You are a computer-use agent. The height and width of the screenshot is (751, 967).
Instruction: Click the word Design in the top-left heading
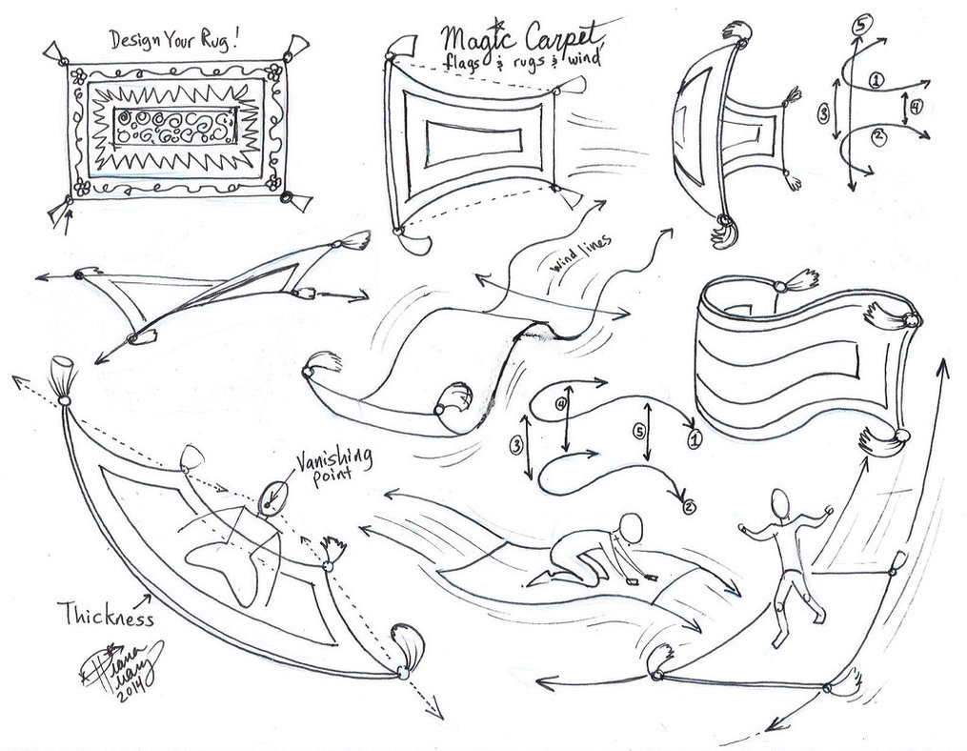tap(134, 41)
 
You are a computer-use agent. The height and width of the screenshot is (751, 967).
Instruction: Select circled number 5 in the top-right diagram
tap(859, 25)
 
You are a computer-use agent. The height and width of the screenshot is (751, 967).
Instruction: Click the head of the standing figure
tap(780, 501)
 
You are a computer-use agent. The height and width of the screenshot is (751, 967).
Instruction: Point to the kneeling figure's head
tap(632, 526)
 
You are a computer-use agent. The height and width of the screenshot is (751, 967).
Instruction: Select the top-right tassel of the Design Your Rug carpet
tap(300, 45)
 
